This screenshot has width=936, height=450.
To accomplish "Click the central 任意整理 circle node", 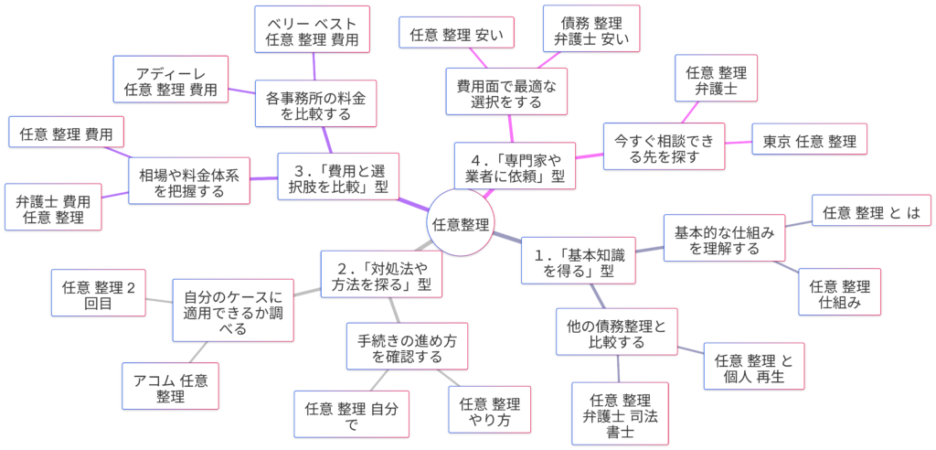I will [461, 224].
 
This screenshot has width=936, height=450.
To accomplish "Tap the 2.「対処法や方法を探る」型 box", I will [382, 273].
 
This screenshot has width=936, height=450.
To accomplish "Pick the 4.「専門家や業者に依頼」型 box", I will [515, 165].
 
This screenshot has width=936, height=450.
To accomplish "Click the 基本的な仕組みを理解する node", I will [723, 240].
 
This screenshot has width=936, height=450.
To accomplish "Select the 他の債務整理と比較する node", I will [617, 334].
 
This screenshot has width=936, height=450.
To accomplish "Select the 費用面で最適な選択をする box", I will [505, 92].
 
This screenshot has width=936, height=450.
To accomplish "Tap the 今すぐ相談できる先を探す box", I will [663, 148].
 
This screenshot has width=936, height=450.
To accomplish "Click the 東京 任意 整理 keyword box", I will [809, 141].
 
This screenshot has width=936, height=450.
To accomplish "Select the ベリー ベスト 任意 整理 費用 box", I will [312, 30].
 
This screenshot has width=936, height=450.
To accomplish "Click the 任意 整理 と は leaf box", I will [871, 213].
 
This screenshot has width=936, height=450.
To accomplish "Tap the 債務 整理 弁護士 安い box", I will [590, 30].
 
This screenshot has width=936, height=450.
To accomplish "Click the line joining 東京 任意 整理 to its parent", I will [737, 145].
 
